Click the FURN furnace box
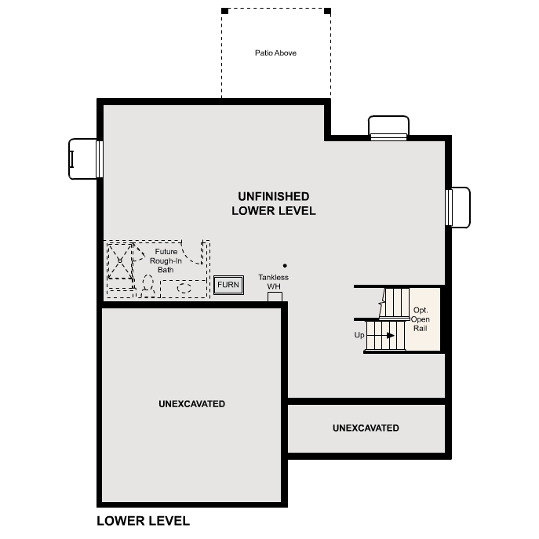[228, 285]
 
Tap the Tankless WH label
[274, 282]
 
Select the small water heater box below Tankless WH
[275, 297]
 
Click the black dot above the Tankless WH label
[285, 266]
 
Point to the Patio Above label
[275, 53]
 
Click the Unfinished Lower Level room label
[273, 203]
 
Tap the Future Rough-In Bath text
[166, 260]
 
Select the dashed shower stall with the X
[119, 260]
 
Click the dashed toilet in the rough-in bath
[147, 284]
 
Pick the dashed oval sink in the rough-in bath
[185, 288]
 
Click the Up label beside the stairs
[359, 335]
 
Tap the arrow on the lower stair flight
[388, 335]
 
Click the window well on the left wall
[82, 158]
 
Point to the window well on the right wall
[459, 207]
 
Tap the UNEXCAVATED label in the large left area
[191, 404]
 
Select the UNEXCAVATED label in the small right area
[366, 428]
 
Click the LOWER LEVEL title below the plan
[143, 520]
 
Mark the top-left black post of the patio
[224, 11]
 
